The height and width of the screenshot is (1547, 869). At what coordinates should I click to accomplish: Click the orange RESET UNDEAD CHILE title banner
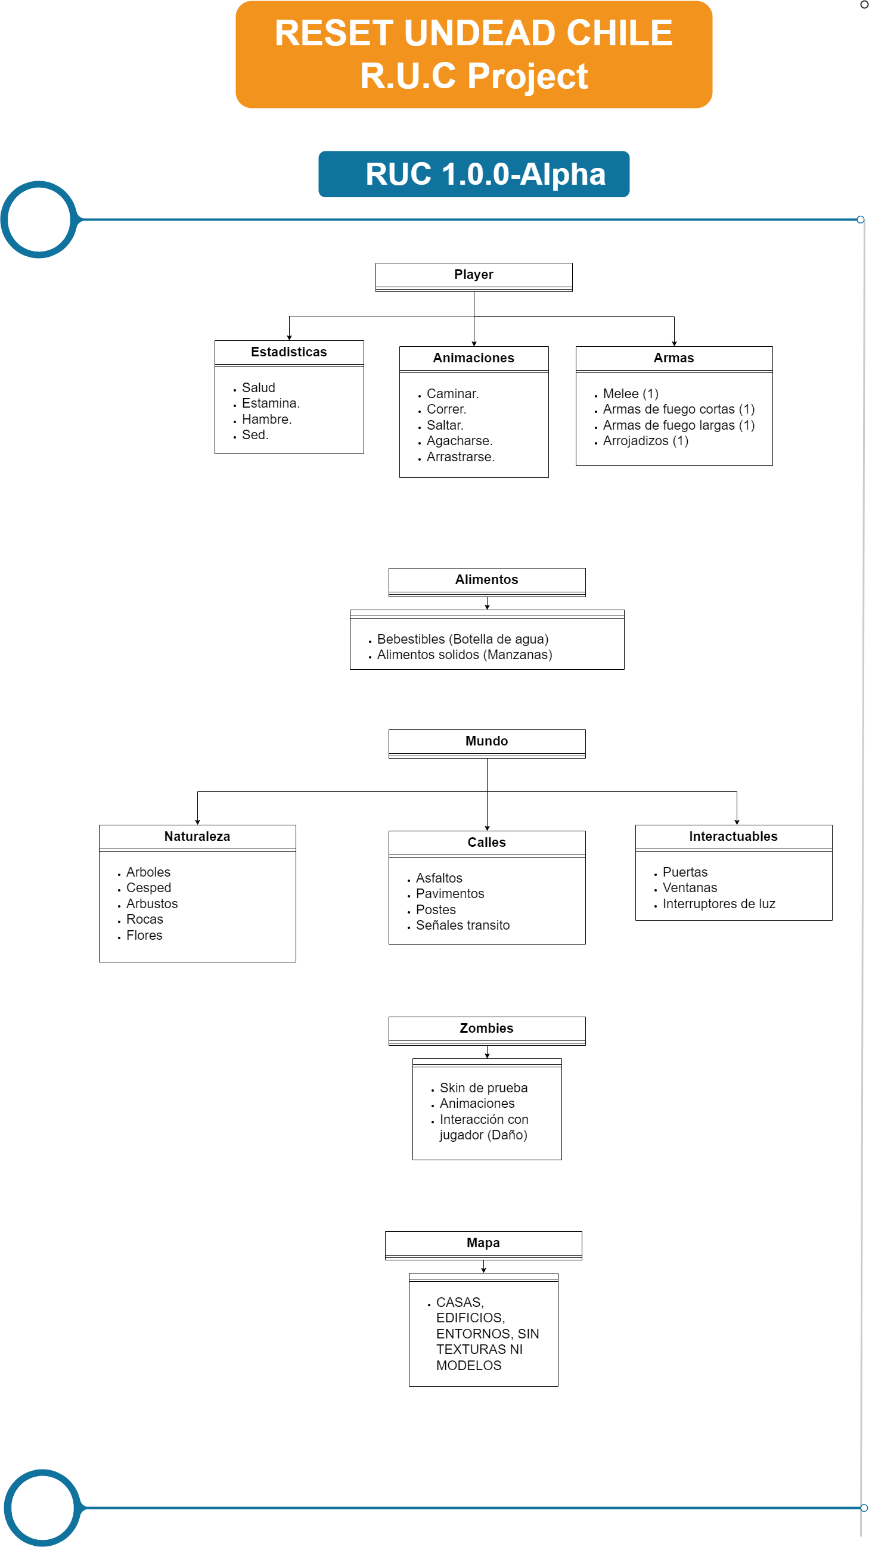click(x=474, y=55)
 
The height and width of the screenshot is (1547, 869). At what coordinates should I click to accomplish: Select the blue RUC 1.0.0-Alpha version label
click(x=474, y=174)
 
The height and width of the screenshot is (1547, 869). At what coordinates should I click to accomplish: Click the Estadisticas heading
click(x=289, y=352)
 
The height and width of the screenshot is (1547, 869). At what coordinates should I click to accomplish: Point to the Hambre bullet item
click(x=266, y=419)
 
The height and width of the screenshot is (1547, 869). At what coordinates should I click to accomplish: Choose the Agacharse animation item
click(x=460, y=441)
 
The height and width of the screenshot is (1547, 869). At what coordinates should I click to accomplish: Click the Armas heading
click(x=674, y=358)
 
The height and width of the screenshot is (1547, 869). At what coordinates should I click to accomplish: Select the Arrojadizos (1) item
click(x=645, y=441)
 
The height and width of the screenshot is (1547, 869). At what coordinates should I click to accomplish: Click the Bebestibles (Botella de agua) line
click(x=463, y=639)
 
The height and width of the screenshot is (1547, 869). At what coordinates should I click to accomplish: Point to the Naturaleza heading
click(x=197, y=837)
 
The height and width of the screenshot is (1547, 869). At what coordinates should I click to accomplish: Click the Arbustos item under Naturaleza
click(x=152, y=904)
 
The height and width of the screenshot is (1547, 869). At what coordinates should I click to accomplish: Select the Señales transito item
click(x=463, y=925)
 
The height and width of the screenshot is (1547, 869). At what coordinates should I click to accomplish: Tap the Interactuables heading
click(x=733, y=837)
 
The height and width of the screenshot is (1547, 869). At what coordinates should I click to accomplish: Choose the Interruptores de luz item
click(x=719, y=904)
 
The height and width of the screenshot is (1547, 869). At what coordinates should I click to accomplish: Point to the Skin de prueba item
click(x=483, y=1088)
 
